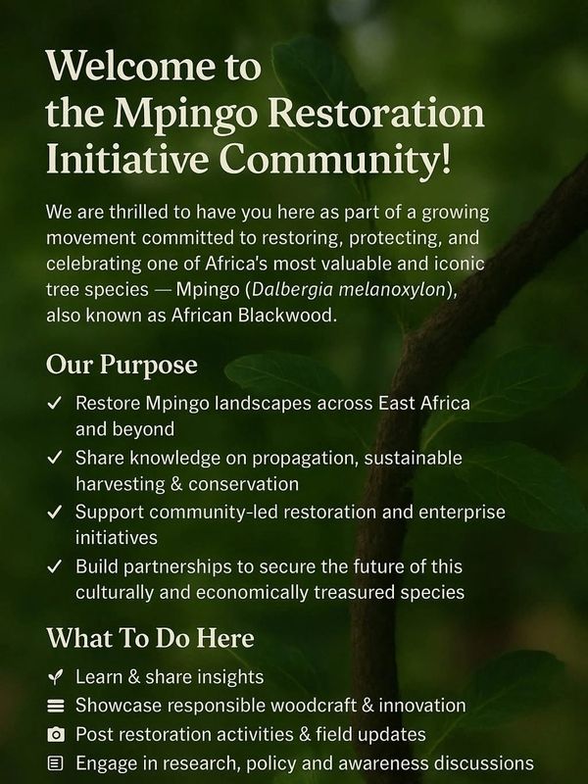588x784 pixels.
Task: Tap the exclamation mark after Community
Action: pyautogui.click(x=445, y=158)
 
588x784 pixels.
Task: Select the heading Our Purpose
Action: pyautogui.click(x=122, y=366)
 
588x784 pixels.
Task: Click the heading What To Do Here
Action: pyautogui.click(x=150, y=638)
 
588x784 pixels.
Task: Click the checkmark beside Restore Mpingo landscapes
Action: pyautogui.click(x=54, y=403)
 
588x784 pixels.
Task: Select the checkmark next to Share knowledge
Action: pyautogui.click(x=54, y=458)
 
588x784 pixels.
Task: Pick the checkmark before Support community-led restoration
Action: pyautogui.click(x=54, y=512)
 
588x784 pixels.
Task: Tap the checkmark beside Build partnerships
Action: pyautogui.click(x=54, y=566)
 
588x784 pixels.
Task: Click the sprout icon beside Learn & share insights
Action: pyautogui.click(x=55, y=677)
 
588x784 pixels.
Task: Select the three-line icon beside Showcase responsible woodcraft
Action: pyautogui.click(x=55, y=706)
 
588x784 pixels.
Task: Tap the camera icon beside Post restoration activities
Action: pyautogui.click(x=55, y=734)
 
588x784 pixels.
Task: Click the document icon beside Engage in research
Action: pyautogui.click(x=55, y=763)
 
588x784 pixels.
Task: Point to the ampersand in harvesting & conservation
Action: pyautogui.click(x=176, y=484)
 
